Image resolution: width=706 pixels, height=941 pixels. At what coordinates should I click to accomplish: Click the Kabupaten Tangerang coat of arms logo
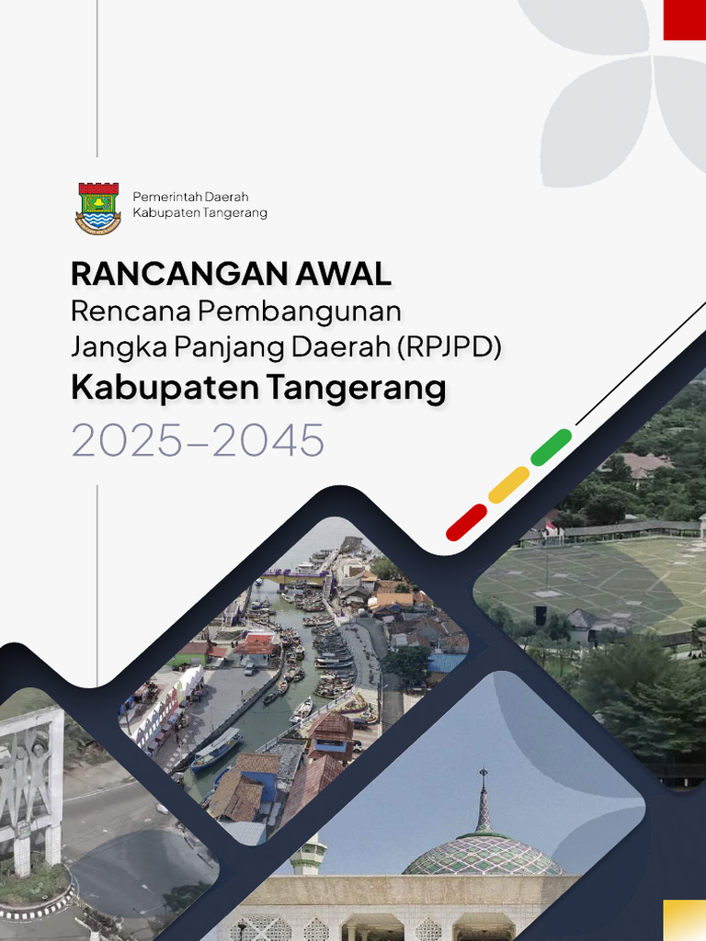(x=97, y=208)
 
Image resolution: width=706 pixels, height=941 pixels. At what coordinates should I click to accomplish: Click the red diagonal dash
(x=466, y=522)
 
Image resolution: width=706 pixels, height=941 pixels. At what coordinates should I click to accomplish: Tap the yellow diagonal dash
(x=508, y=484)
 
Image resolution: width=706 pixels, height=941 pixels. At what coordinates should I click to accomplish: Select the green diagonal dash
(x=551, y=447)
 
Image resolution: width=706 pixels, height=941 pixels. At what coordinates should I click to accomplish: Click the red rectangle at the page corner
(x=684, y=19)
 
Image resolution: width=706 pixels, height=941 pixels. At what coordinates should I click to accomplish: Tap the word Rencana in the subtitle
(x=128, y=312)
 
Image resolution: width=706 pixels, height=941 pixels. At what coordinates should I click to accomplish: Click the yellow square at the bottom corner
(x=685, y=920)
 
